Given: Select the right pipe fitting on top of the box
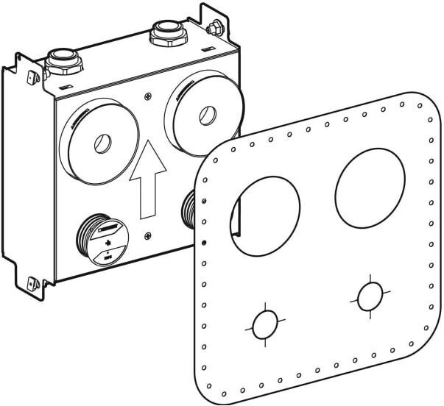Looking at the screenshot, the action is [162, 33].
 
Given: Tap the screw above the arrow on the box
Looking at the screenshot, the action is [149, 97].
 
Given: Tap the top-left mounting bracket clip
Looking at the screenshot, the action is [32, 75].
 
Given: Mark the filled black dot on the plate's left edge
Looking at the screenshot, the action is [204, 243].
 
